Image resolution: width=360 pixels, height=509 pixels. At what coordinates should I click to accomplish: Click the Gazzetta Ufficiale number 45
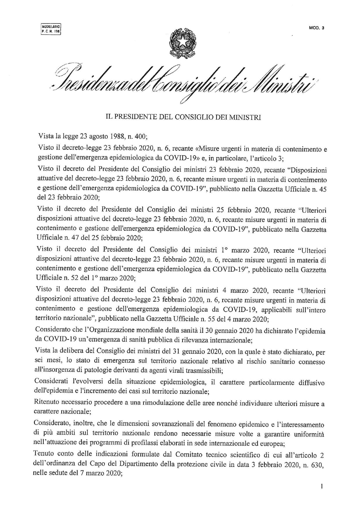point(322,189)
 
